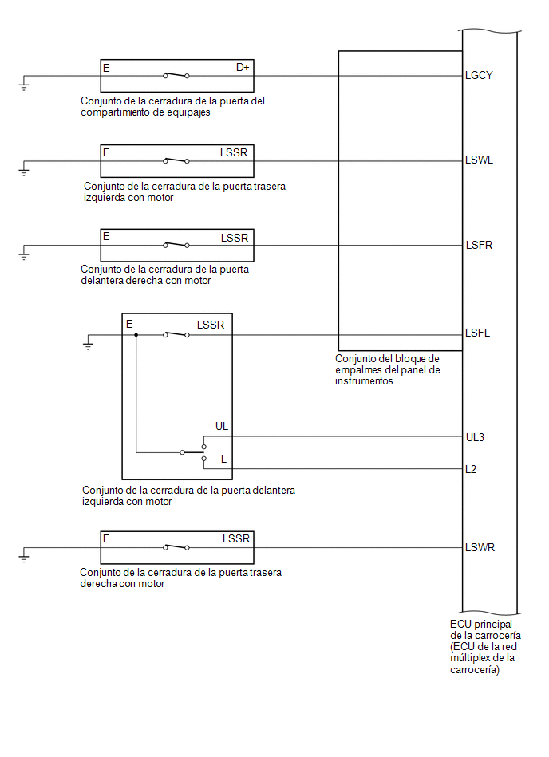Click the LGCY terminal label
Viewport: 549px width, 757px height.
click(x=479, y=75)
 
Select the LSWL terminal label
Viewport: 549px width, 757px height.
click(x=479, y=160)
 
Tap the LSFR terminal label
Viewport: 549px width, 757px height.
click(x=479, y=245)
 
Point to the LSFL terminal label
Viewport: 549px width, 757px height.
click(x=477, y=333)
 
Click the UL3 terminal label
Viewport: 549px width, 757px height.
click(x=475, y=437)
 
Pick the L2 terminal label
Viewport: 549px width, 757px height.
click(x=471, y=469)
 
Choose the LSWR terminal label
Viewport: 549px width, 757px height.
click(x=480, y=547)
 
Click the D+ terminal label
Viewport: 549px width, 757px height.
click(x=243, y=68)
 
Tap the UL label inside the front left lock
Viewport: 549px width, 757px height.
click(x=222, y=426)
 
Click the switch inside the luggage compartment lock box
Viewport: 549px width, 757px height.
click(x=176, y=75)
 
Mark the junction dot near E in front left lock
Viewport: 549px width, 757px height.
click(x=136, y=334)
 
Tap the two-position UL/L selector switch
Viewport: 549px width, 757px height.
click(x=194, y=452)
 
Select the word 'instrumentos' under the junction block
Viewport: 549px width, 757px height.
click(x=364, y=381)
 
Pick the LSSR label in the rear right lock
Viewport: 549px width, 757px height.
click(x=236, y=538)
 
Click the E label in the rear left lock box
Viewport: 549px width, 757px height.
click(x=106, y=152)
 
